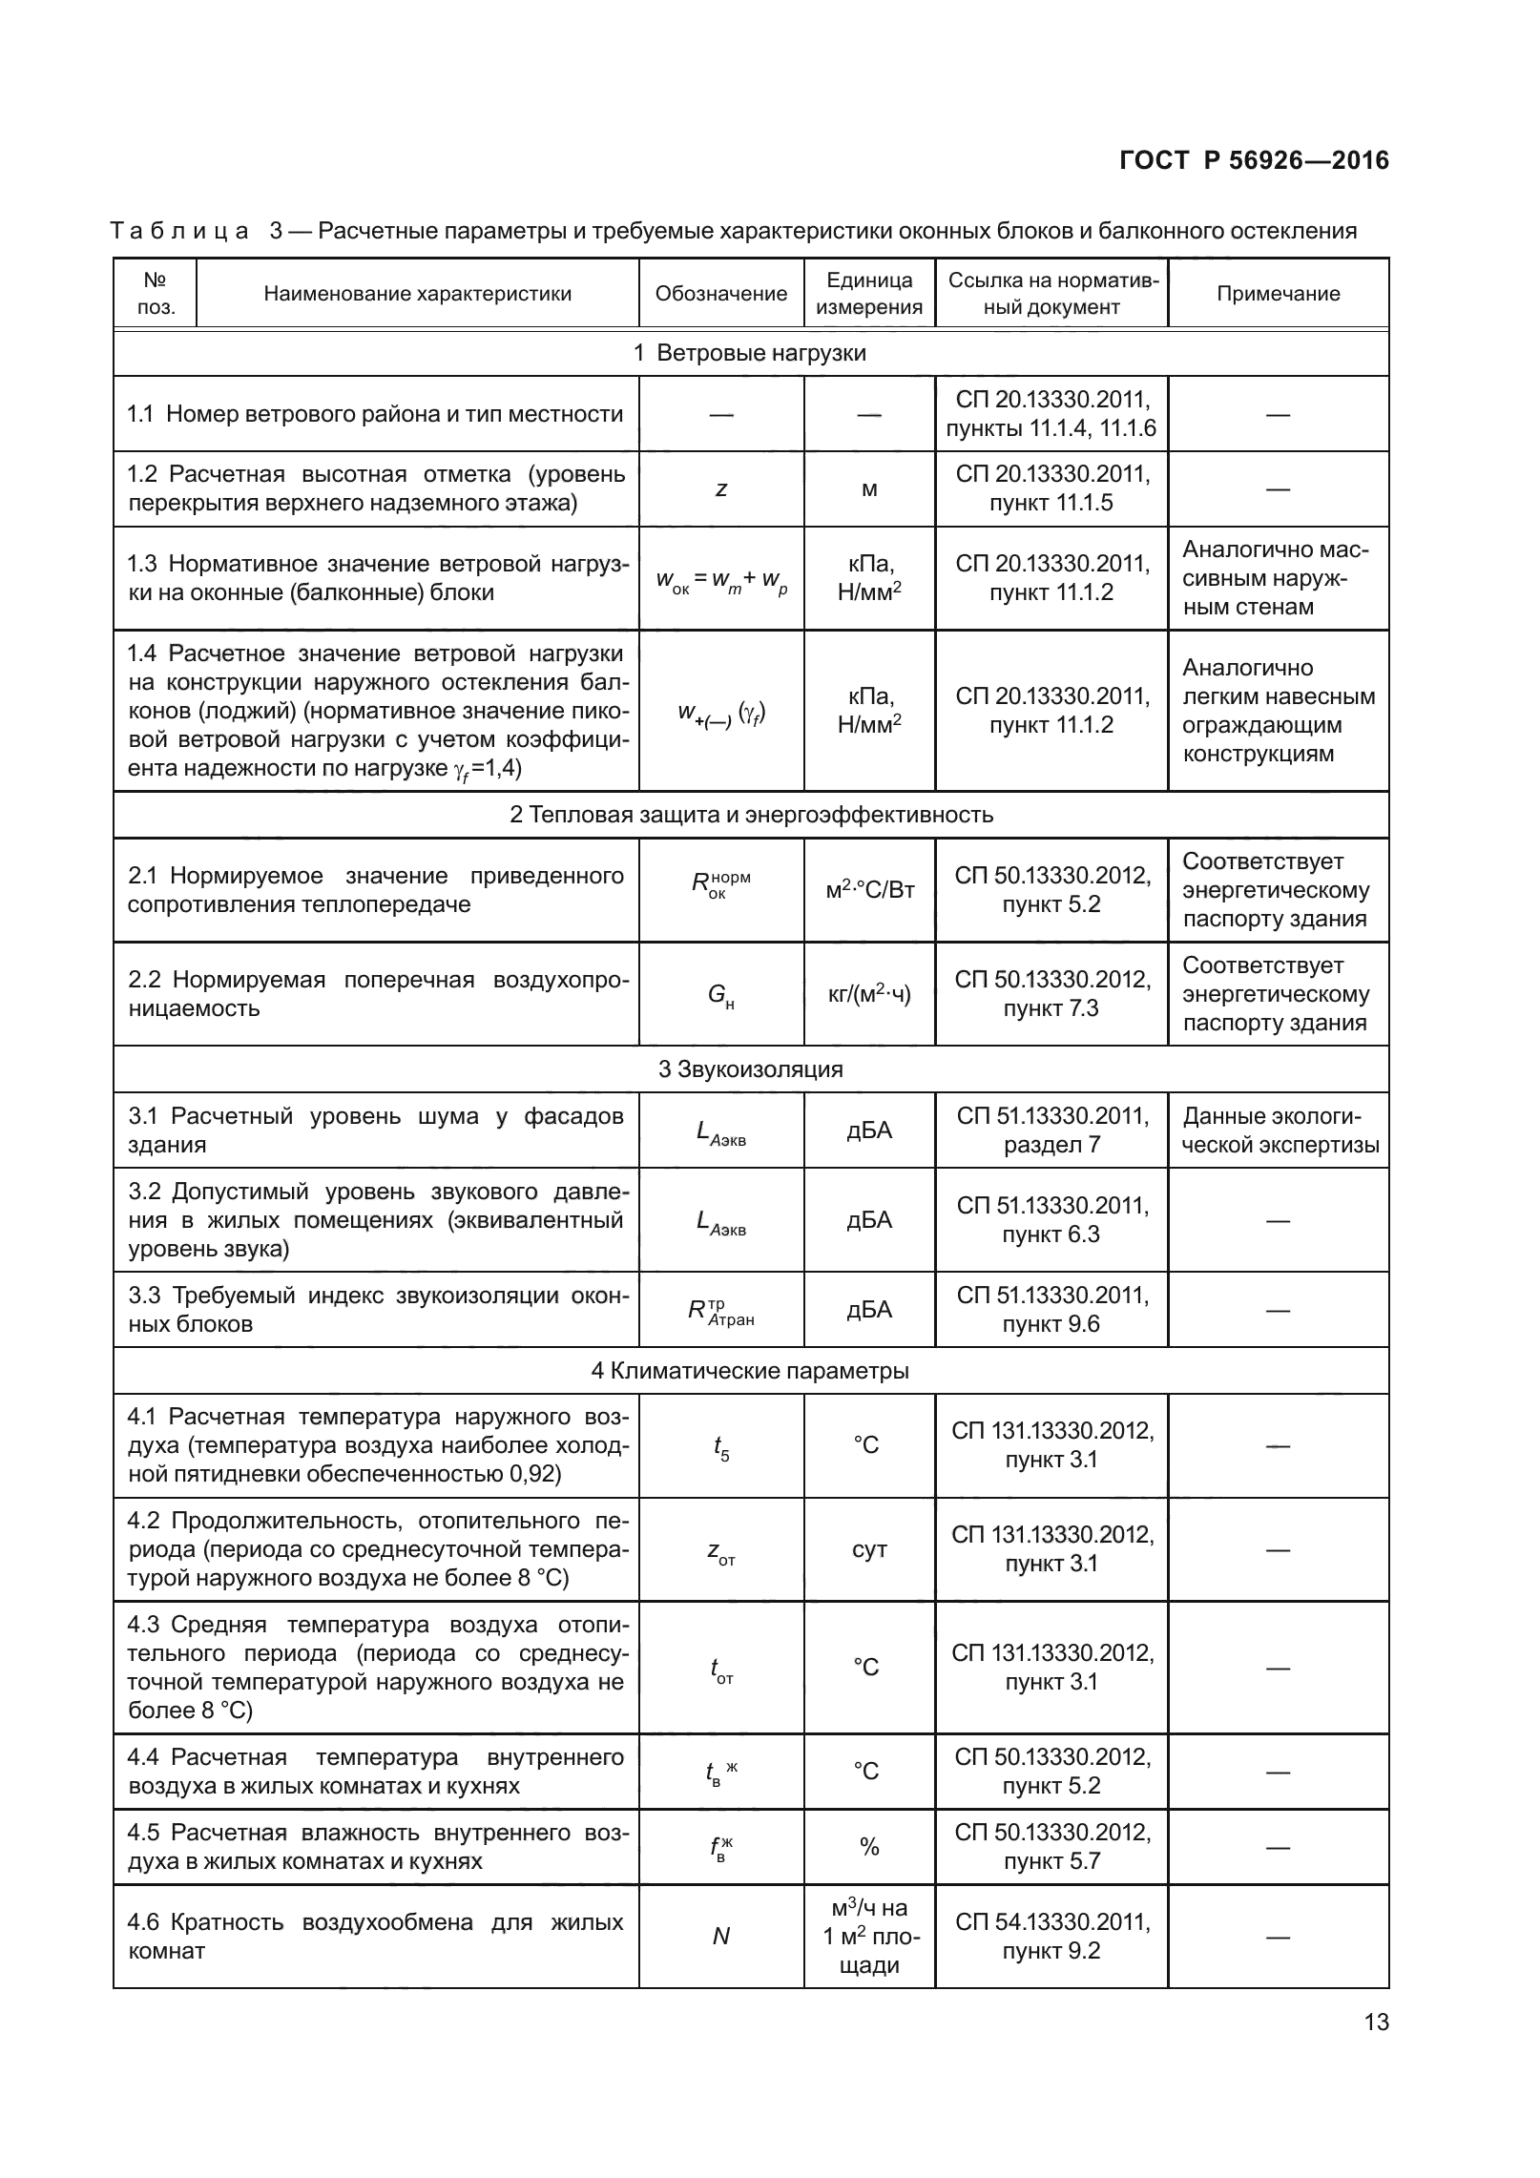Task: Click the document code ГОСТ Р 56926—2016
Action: [x=1254, y=161]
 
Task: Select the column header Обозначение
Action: [x=720, y=294]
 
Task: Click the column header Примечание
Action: [x=1278, y=294]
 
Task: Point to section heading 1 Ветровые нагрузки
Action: [x=750, y=353]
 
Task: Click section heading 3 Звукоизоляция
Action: [x=750, y=1069]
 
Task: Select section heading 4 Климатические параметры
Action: [x=750, y=1371]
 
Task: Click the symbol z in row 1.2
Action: [x=721, y=489]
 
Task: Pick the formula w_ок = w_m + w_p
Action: [x=721, y=580]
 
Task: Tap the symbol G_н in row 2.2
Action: [x=720, y=996]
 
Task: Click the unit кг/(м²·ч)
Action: [x=869, y=995]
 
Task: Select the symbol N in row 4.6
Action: [x=721, y=1937]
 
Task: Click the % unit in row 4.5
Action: [x=869, y=1847]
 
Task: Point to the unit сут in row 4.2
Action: [x=869, y=1550]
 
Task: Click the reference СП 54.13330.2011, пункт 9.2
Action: [x=1051, y=1937]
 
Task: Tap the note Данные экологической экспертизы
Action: [x=1279, y=1130]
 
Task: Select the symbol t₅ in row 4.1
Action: [x=720, y=1448]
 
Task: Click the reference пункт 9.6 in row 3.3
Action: [x=1051, y=1324]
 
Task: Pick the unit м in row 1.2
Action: [x=869, y=490]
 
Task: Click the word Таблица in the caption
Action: [x=179, y=231]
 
